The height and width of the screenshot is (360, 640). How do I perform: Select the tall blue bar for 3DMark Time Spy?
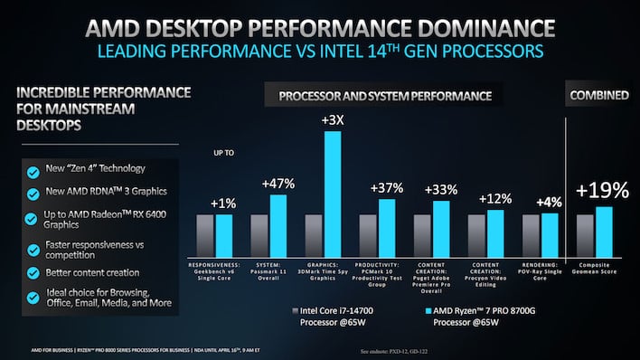(x=334, y=190)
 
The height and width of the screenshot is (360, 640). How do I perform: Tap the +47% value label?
(x=278, y=184)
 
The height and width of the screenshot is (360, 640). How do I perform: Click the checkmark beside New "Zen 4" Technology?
(x=33, y=169)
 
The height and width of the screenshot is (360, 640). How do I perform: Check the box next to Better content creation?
(x=33, y=272)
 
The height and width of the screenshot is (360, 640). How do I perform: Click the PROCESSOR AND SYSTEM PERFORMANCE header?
(x=385, y=95)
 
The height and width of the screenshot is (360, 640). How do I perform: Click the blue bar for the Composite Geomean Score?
(x=604, y=227)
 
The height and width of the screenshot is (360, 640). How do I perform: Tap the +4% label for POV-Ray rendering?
(x=550, y=203)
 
